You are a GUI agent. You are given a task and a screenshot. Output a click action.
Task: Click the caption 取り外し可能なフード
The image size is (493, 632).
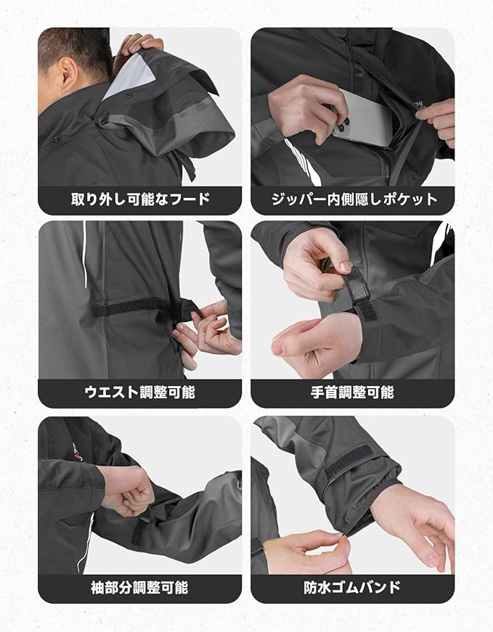coord(140,200)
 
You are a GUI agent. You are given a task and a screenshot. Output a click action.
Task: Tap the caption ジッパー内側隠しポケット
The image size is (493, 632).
coord(354,200)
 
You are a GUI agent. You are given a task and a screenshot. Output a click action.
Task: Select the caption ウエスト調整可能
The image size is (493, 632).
coord(140,393)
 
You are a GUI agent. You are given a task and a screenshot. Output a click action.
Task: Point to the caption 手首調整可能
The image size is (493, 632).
coord(352,393)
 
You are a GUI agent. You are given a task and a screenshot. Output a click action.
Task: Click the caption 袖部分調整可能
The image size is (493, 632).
coord(139,588)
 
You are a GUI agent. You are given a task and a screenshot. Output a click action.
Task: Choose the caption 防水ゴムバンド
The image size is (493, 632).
coord(352,588)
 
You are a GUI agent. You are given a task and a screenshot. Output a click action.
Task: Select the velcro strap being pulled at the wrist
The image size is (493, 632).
coord(359,293)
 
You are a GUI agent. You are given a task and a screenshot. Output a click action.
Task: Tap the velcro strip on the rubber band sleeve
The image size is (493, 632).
coord(348,460)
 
